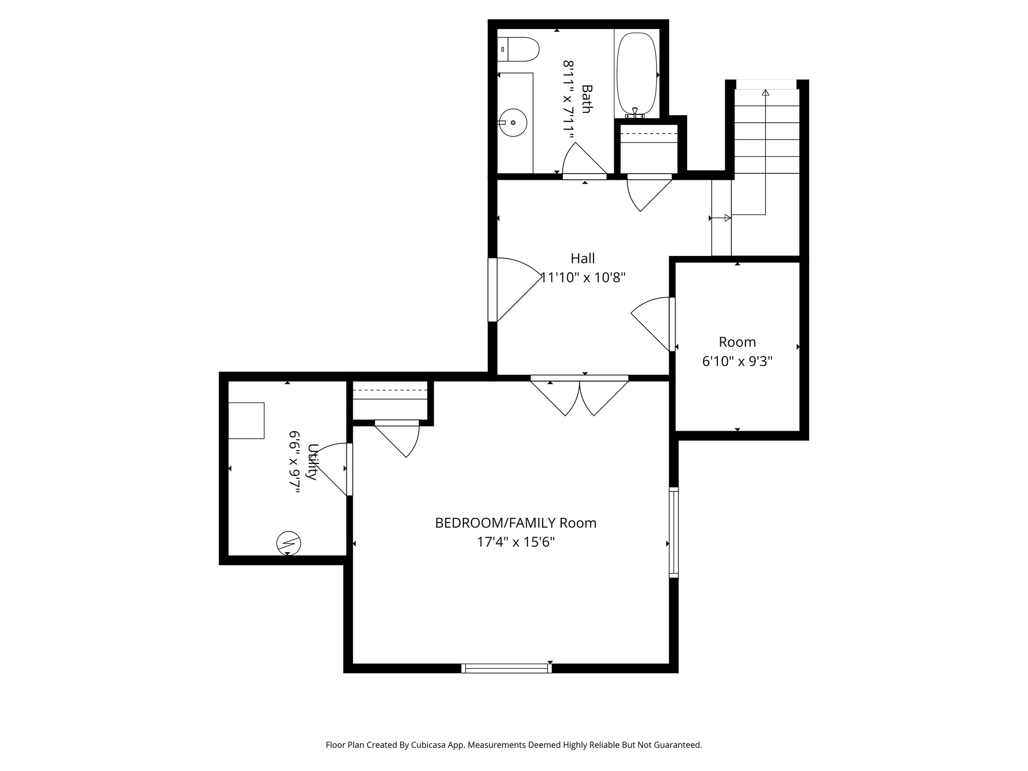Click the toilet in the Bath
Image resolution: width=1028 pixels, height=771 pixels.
(x=520, y=49)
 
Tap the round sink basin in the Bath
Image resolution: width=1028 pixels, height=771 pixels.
(x=512, y=122)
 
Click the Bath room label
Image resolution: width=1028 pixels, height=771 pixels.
(x=586, y=99)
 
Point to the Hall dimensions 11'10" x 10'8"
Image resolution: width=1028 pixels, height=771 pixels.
(x=583, y=278)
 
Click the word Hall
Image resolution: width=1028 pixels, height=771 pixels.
(x=582, y=259)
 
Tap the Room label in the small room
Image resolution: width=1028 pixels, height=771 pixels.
(x=737, y=342)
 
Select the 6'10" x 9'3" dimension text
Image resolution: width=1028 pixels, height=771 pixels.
(x=737, y=361)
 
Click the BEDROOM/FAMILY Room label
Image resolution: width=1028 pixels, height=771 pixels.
(x=516, y=523)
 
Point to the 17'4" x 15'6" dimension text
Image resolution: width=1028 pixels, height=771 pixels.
(x=516, y=542)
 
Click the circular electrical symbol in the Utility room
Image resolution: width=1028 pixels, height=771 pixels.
(x=288, y=543)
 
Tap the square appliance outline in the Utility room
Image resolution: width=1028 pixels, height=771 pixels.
(x=246, y=421)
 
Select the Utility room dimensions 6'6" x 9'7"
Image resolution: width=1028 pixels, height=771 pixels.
(x=295, y=462)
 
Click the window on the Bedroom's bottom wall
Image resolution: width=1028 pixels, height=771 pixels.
(x=506, y=668)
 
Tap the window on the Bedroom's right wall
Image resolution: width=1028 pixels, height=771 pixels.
(x=674, y=532)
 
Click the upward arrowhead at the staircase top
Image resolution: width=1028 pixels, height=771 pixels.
(x=765, y=93)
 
